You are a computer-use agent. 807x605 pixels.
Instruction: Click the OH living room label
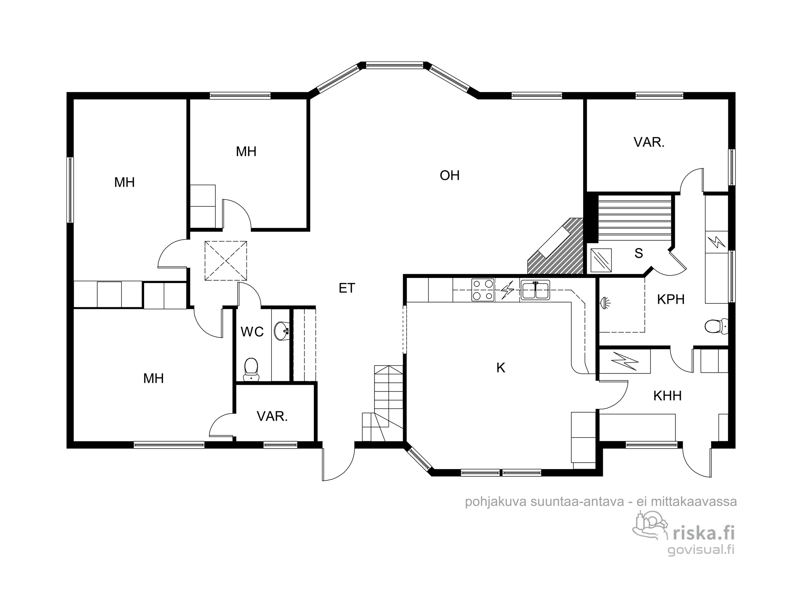pos(449,175)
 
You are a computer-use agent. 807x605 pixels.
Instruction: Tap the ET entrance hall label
pos(347,288)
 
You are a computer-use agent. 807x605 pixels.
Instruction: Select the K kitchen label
pos(501,367)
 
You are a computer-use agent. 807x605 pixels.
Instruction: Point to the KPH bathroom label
pos(671,299)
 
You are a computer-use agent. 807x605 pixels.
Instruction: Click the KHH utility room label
pos(667,396)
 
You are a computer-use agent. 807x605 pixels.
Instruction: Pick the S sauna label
pos(638,253)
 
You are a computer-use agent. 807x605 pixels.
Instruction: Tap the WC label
pos(252,332)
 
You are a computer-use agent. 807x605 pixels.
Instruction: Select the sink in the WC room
pos(282,331)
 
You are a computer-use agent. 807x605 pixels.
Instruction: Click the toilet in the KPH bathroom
pos(717,326)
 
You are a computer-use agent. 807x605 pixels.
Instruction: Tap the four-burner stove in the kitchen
pos(483,290)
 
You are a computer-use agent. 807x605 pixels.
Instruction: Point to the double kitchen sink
pos(535,290)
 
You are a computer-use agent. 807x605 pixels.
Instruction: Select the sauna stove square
pos(601,260)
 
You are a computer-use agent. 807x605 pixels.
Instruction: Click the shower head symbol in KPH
pos(605,302)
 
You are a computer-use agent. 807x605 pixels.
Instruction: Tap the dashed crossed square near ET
pos(226,261)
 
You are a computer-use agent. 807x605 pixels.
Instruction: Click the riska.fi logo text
pos(703,533)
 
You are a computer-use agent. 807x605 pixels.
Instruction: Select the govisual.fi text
pos(701,549)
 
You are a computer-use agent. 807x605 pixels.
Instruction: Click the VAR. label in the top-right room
pos(649,142)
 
